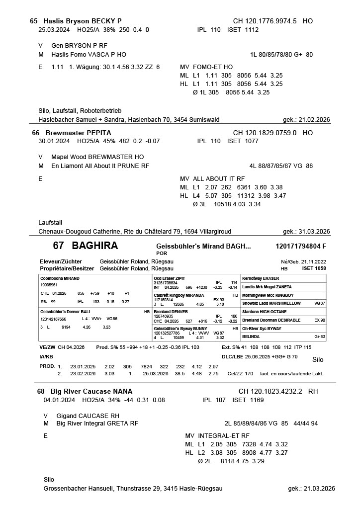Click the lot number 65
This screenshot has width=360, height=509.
[34, 21]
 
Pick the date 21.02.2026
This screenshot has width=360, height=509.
[314, 120]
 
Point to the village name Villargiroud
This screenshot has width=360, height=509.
[213, 232]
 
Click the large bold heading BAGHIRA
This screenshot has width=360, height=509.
[94, 246]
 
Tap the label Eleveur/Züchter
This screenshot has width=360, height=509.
[61, 261]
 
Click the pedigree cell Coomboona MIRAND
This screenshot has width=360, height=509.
[60, 278]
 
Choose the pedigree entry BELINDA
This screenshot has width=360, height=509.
[251, 337]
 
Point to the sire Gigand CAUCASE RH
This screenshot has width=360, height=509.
[88, 416]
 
